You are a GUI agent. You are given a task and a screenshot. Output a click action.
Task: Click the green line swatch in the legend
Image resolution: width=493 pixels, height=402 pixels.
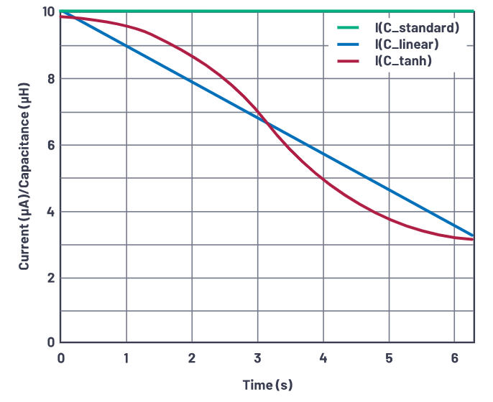[348, 29]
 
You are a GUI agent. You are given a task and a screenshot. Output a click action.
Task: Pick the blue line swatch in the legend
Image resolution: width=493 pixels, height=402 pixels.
[348, 45]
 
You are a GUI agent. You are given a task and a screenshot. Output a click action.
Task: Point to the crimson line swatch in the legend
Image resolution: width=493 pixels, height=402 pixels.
[348, 62]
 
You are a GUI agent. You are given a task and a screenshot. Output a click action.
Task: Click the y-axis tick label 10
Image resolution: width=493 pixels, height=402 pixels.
[47, 12]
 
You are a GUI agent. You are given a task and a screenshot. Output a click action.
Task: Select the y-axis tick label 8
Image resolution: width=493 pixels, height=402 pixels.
[50, 79]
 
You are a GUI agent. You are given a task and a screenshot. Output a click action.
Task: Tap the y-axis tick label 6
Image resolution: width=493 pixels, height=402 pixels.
[50, 145]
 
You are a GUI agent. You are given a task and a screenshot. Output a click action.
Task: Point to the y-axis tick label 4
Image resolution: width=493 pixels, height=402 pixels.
[50, 212]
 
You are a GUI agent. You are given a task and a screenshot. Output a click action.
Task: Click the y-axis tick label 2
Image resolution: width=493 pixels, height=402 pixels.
[50, 278]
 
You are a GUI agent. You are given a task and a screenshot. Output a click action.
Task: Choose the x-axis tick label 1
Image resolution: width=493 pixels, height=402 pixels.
[126, 357]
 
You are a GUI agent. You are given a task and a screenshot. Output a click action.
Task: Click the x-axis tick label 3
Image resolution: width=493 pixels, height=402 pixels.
[257, 357]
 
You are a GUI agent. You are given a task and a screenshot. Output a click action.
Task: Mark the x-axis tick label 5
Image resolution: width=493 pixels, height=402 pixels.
[389, 357]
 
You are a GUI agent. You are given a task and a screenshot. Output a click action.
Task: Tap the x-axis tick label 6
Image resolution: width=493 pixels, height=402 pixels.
[454, 357]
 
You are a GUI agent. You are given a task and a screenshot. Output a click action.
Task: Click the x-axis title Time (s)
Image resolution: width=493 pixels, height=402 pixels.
[267, 385]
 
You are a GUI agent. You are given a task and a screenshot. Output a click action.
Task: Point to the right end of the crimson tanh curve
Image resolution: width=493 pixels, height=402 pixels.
[473, 239]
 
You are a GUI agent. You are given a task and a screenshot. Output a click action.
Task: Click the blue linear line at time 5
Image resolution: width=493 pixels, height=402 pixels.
[389, 189]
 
